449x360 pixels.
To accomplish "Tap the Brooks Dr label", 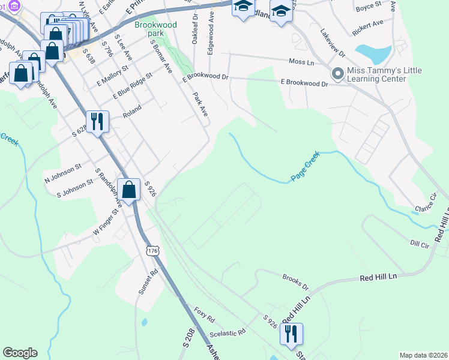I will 295,279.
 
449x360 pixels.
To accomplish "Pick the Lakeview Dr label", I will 333,43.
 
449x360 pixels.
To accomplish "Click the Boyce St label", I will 368,5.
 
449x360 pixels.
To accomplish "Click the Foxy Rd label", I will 204,312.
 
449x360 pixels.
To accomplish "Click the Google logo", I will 20,353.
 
